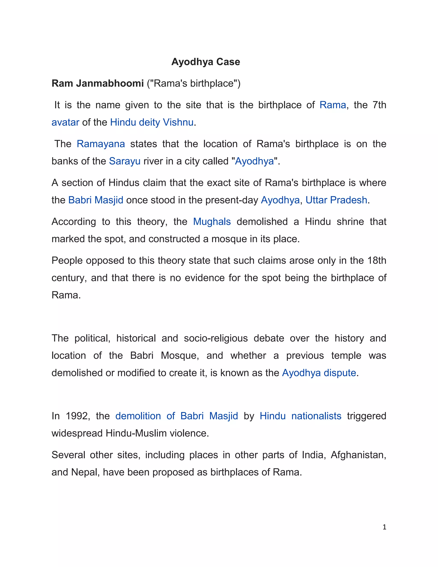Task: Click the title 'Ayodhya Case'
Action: [x=206, y=62]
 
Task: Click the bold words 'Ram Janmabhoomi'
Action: [x=98, y=83]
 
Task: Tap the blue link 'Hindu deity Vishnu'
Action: [x=152, y=122]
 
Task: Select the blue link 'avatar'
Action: [x=65, y=122]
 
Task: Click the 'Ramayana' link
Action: [x=101, y=144]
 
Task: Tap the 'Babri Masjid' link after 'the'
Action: [x=96, y=200]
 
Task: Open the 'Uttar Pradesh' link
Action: [x=336, y=200]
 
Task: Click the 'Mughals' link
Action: [x=212, y=222]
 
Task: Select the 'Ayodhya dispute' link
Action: [x=319, y=373]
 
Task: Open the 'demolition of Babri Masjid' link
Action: [x=176, y=416]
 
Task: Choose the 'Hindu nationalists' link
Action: [x=300, y=416]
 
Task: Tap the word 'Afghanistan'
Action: [x=358, y=455]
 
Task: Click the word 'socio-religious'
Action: [x=216, y=338]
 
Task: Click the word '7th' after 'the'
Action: [x=379, y=105]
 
